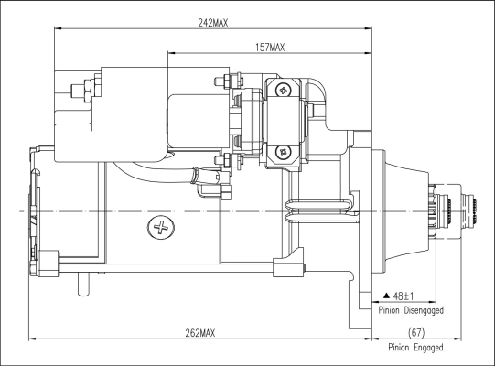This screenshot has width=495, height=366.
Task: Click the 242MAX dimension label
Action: [x=213, y=23]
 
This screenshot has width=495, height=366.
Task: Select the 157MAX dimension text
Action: [x=270, y=48]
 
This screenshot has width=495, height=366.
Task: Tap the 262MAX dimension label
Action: [x=200, y=333]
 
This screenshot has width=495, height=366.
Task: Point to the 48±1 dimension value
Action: [x=404, y=296]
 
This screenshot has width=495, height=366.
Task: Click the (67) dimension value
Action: [x=416, y=332]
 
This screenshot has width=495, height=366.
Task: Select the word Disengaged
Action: [x=424, y=310]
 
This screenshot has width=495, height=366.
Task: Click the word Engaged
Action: [x=429, y=348]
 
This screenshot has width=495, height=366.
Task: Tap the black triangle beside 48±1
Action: [x=387, y=296]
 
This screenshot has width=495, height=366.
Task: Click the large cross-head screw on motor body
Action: [x=161, y=227]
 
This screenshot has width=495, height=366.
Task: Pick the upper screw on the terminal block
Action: [x=283, y=91]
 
